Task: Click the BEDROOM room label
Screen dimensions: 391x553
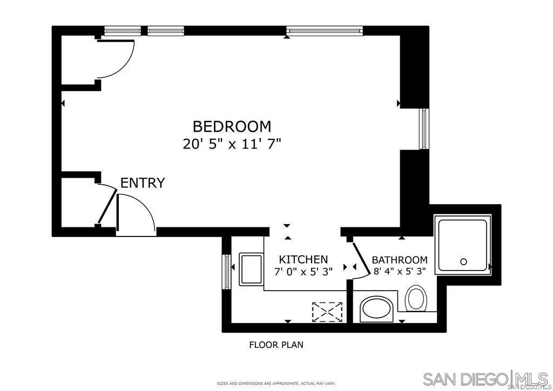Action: click(232, 126)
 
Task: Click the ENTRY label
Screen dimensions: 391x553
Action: click(142, 183)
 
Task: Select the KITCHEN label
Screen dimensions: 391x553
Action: click(303, 259)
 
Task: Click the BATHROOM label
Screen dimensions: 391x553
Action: click(400, 260)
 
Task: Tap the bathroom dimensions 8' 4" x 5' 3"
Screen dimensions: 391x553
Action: click(400, 271)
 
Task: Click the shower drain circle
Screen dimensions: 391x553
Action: click(463, 262)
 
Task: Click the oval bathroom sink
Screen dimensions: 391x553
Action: click(374, 309)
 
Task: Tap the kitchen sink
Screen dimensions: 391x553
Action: click(251, 269)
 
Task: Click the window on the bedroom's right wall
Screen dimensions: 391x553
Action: click(424, 129)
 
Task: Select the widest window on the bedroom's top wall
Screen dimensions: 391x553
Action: click(324, 32)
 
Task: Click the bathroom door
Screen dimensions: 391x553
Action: click(361, 260)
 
